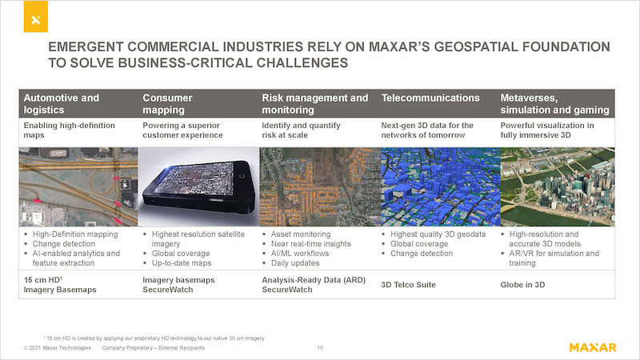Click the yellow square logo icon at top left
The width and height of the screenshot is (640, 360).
point(35,16)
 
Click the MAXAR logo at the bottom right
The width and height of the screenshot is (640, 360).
point(593,347)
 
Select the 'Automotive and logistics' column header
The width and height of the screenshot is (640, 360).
point(62,104)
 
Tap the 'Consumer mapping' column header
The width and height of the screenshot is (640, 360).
point(167,104)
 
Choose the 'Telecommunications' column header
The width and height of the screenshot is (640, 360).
point(430,98)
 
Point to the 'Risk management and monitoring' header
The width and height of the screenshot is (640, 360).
point(314,104)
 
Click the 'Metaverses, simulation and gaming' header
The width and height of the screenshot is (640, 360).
point(554,104)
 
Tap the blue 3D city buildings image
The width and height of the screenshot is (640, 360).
point(441,186)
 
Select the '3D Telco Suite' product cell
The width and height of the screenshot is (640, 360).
point(408,285)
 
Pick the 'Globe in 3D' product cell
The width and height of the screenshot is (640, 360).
point(522,285)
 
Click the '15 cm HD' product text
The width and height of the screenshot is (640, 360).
point(43,279)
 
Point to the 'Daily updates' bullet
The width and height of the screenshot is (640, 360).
point(295,263)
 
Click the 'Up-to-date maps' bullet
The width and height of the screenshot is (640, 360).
point(182,263)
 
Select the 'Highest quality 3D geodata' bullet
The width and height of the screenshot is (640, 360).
point(438,234)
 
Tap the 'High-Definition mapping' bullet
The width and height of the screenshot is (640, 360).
point(75,234)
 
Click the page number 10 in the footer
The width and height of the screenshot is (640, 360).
point(320,348)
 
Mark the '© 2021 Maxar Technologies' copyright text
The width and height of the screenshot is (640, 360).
point(57,348)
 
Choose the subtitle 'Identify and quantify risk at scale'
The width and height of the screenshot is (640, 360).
point(301,130)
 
